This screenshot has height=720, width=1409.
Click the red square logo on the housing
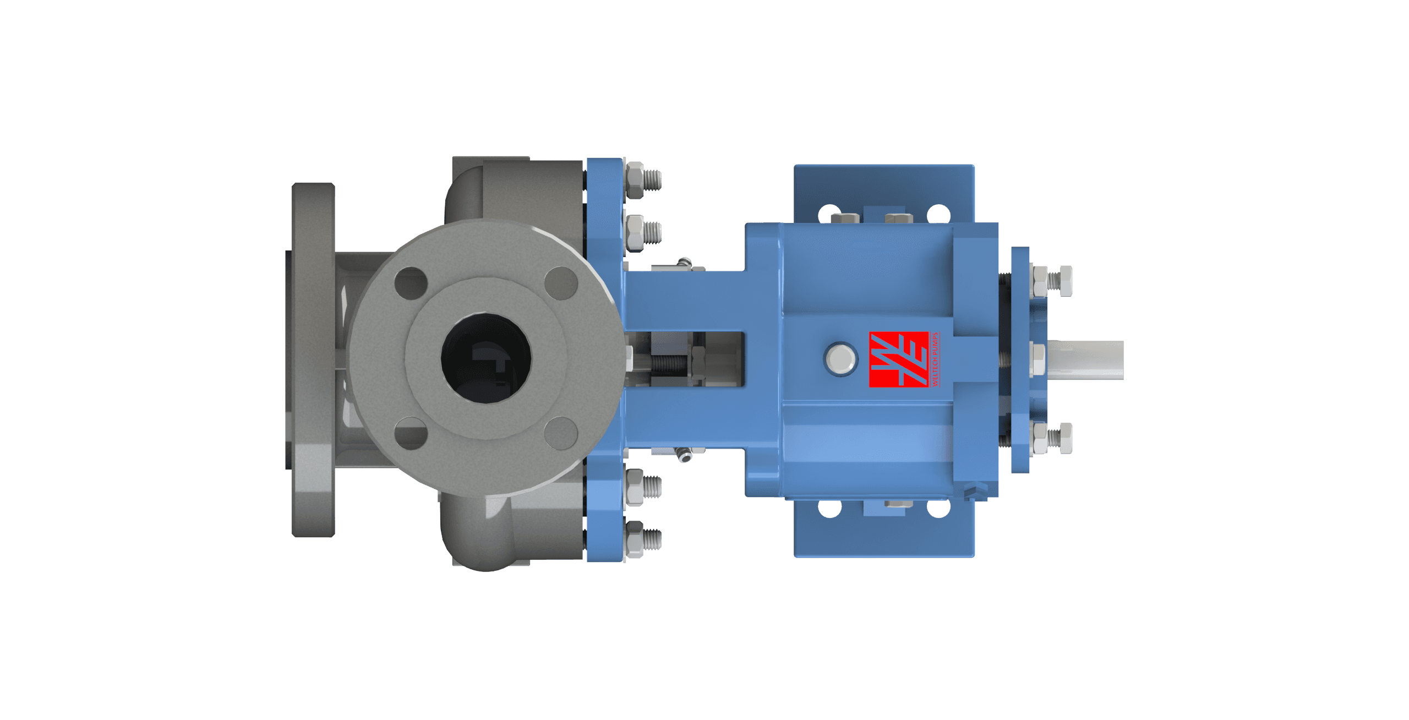pyautogui.click(x=898, y=359)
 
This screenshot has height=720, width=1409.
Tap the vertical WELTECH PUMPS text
pyautogui.click(x=935, y=359)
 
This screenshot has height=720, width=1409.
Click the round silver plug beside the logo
pyautogui.click(x=840, y=359)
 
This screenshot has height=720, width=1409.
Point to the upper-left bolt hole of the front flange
pyautogui.click(x=411, y=283)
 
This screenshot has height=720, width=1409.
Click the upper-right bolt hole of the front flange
pyautogui.click(x=561, y=283)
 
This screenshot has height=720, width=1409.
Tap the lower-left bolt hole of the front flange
pyautogui.click(x=411, y=433)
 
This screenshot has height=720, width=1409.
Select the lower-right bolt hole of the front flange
pyautogui.click(x=561, y=433)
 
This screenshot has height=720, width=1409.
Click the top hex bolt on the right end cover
pyautogui.click(x=1041, y=281)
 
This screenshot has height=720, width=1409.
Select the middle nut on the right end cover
pyautogui.click(x=1037, y=359)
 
